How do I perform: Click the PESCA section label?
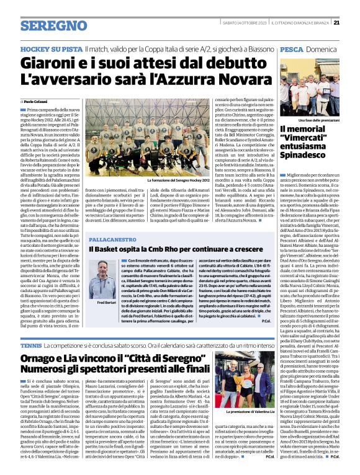coord(292,48)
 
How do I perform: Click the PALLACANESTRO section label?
coord(111,238)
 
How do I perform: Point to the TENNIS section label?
coord(30,345)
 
